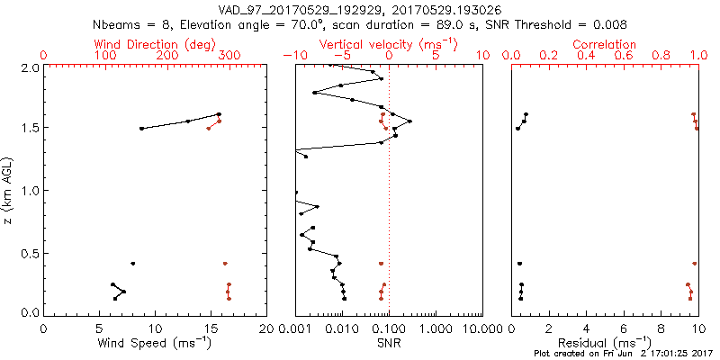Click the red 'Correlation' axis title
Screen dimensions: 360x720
605,44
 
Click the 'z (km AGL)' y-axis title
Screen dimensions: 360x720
9,189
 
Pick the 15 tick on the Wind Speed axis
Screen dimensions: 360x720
210,328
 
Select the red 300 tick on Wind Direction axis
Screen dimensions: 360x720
230,56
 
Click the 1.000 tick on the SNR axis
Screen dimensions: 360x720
435,328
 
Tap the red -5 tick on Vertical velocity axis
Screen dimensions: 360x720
339,56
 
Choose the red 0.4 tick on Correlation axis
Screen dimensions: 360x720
585,56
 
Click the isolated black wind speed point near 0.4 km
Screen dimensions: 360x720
132,264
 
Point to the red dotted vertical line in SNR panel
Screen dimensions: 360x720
389,198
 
